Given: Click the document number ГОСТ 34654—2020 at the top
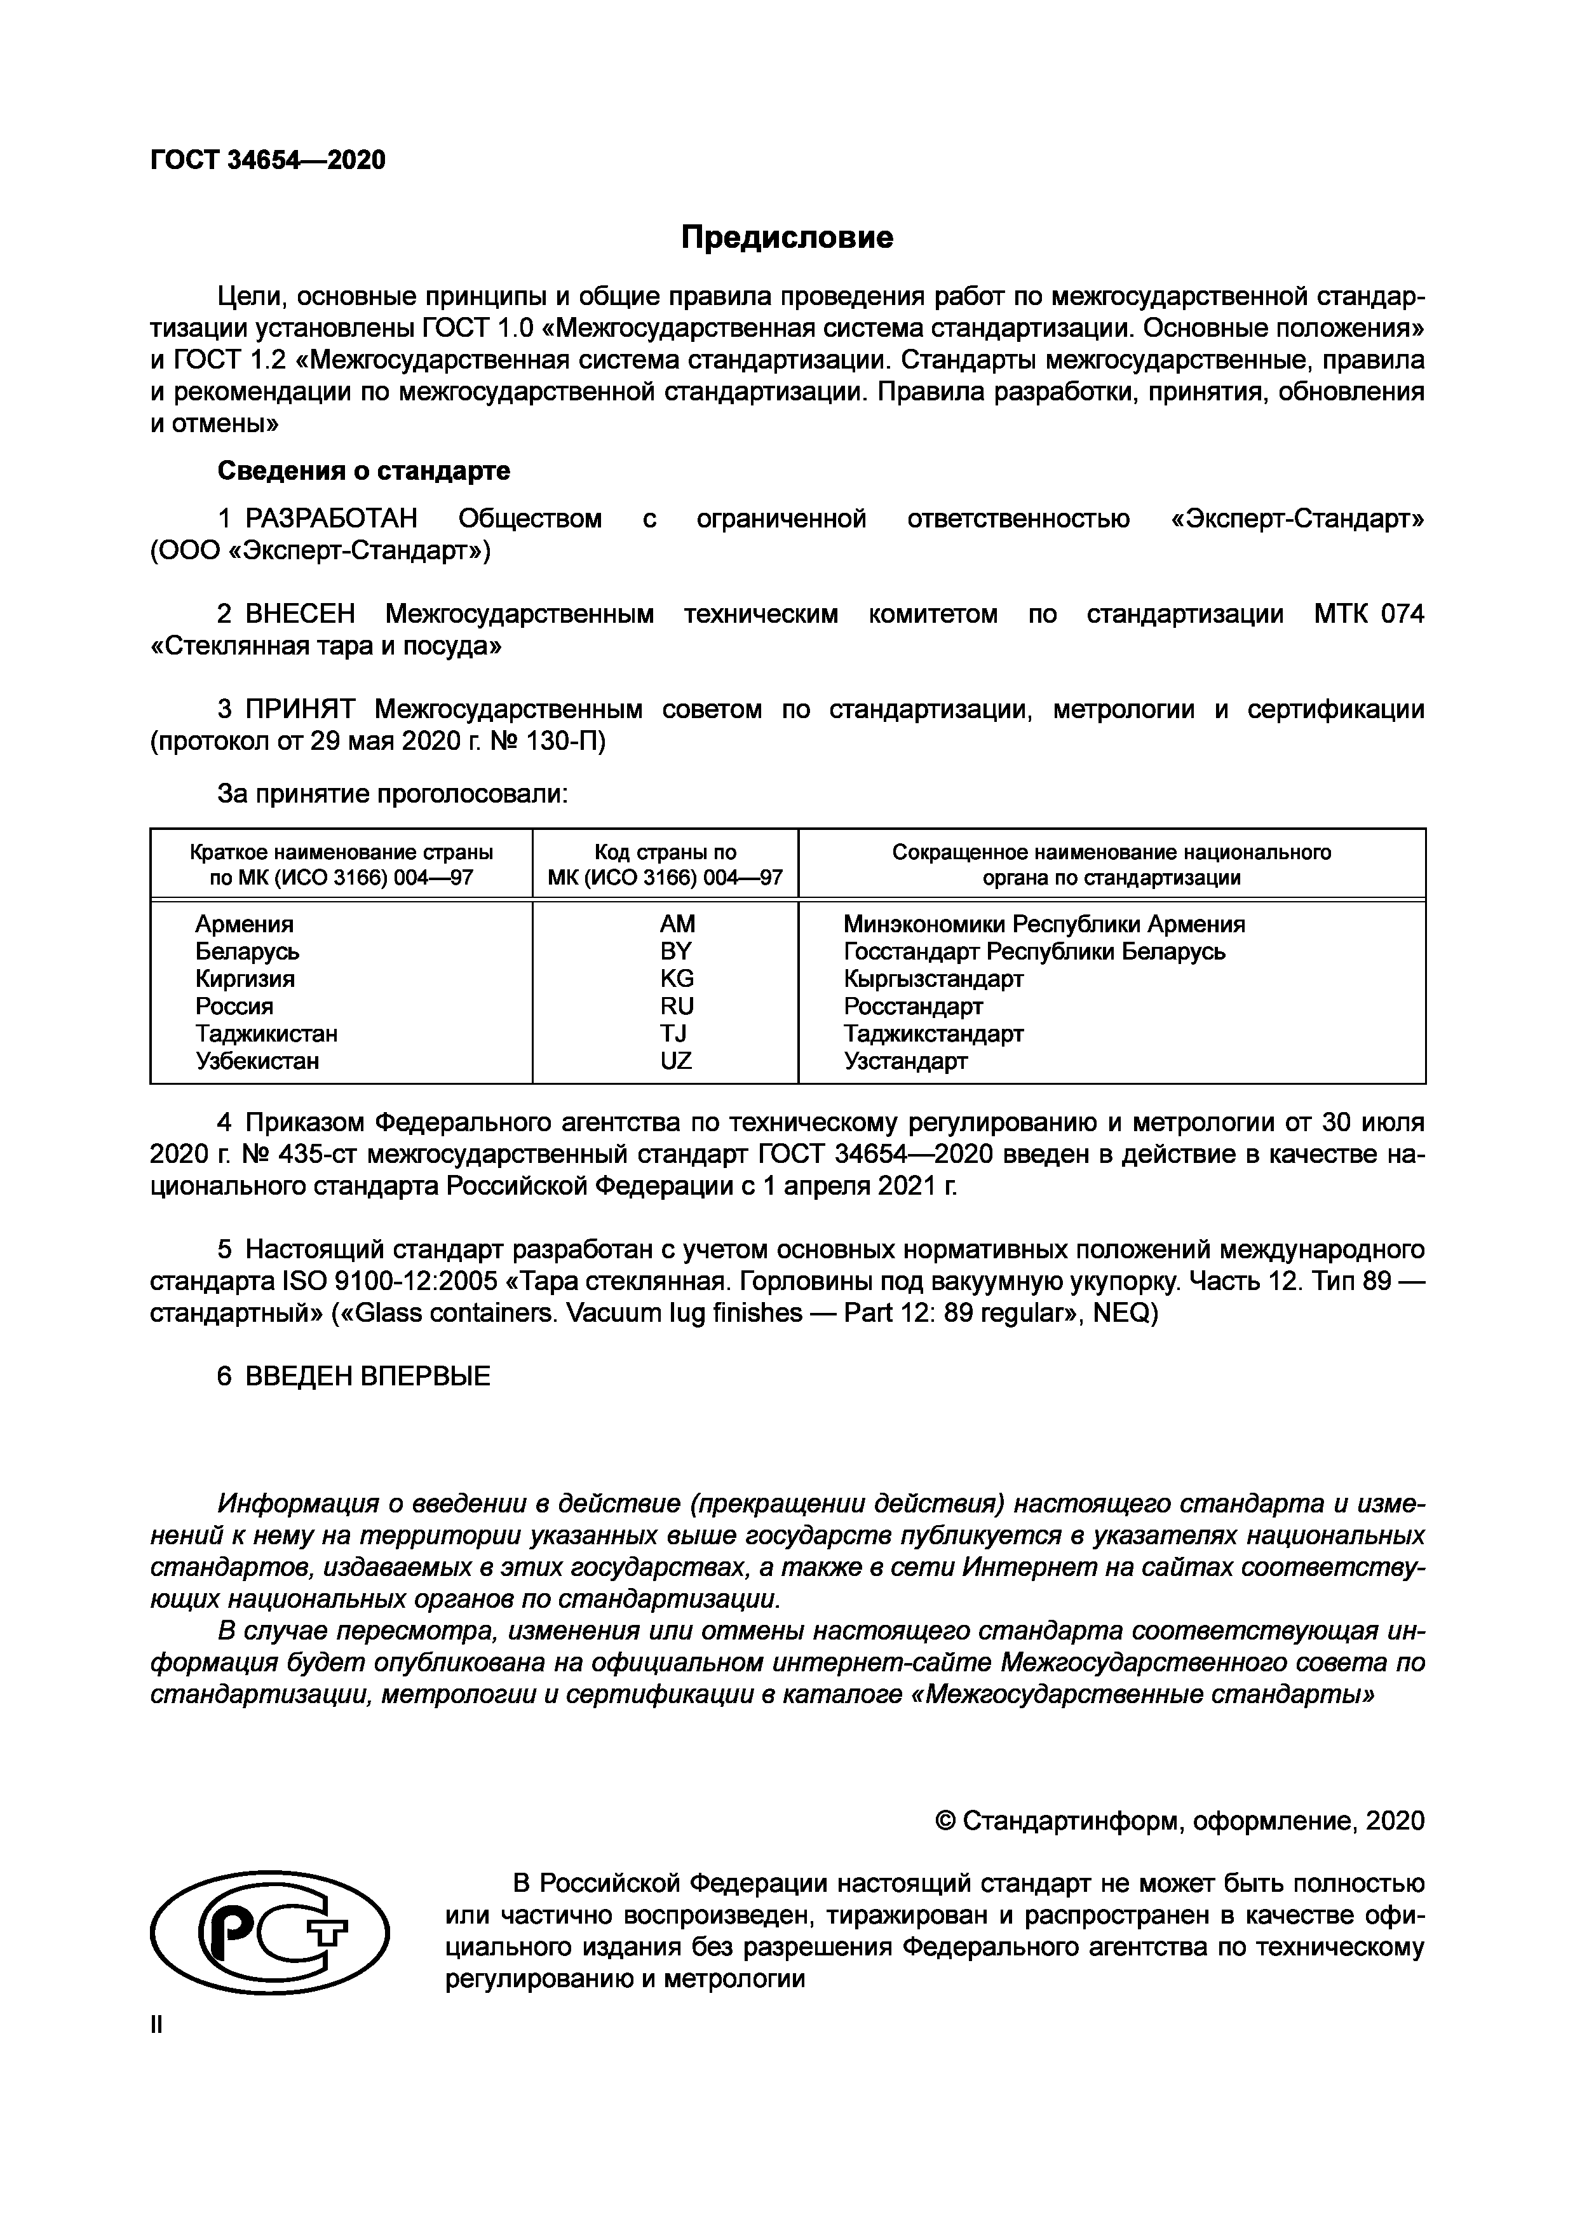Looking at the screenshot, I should [x=268, y=160].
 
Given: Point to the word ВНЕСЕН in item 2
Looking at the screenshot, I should [x=300, y=615].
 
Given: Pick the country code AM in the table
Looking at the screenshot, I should [x=677, y=924].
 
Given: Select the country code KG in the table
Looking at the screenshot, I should [x=677, y=978].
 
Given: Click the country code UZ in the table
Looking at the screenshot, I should [x=677, y=1061].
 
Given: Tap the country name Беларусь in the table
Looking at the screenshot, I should [x=247, y=951].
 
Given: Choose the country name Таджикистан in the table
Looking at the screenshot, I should [x=267, y=1033].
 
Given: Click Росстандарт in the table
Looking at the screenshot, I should [x=913, y=1007].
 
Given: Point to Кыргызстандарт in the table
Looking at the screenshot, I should [x=933, y=978].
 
